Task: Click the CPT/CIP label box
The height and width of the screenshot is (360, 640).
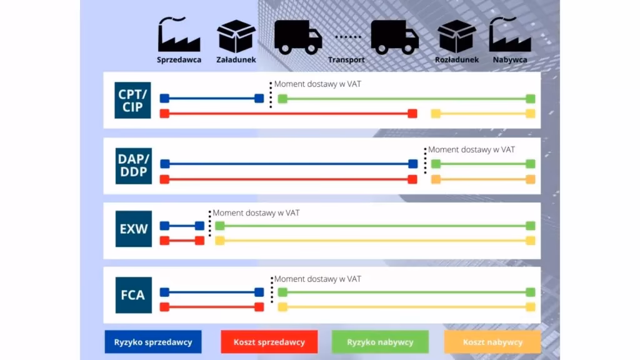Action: click(133, 100)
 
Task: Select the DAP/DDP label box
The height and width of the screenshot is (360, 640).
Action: click(133, 165)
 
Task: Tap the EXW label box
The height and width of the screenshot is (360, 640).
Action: click(133, 229)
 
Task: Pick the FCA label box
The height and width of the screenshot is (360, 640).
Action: click(133, 294)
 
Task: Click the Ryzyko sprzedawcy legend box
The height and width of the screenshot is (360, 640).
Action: click(153, 342)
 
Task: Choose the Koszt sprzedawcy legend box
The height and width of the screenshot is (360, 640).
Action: click(269, 342)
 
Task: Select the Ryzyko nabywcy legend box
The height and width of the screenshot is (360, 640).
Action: click(380, 342)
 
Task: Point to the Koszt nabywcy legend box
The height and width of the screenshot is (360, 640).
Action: click(492, 342)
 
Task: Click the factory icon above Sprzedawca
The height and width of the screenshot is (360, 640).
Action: click(179, 36)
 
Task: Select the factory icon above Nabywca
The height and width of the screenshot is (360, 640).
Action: click(510, 36)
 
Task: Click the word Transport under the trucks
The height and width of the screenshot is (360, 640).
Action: click(346, 60)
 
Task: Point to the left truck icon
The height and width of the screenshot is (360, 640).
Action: click(298, 37)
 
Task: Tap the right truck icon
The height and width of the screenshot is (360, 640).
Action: click(394, 37)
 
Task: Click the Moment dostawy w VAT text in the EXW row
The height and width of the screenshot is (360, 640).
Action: click(256, 213)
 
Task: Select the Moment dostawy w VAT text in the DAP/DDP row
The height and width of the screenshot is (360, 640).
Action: click(471, 150)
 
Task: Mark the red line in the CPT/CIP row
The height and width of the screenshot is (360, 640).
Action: click(287, 114)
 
